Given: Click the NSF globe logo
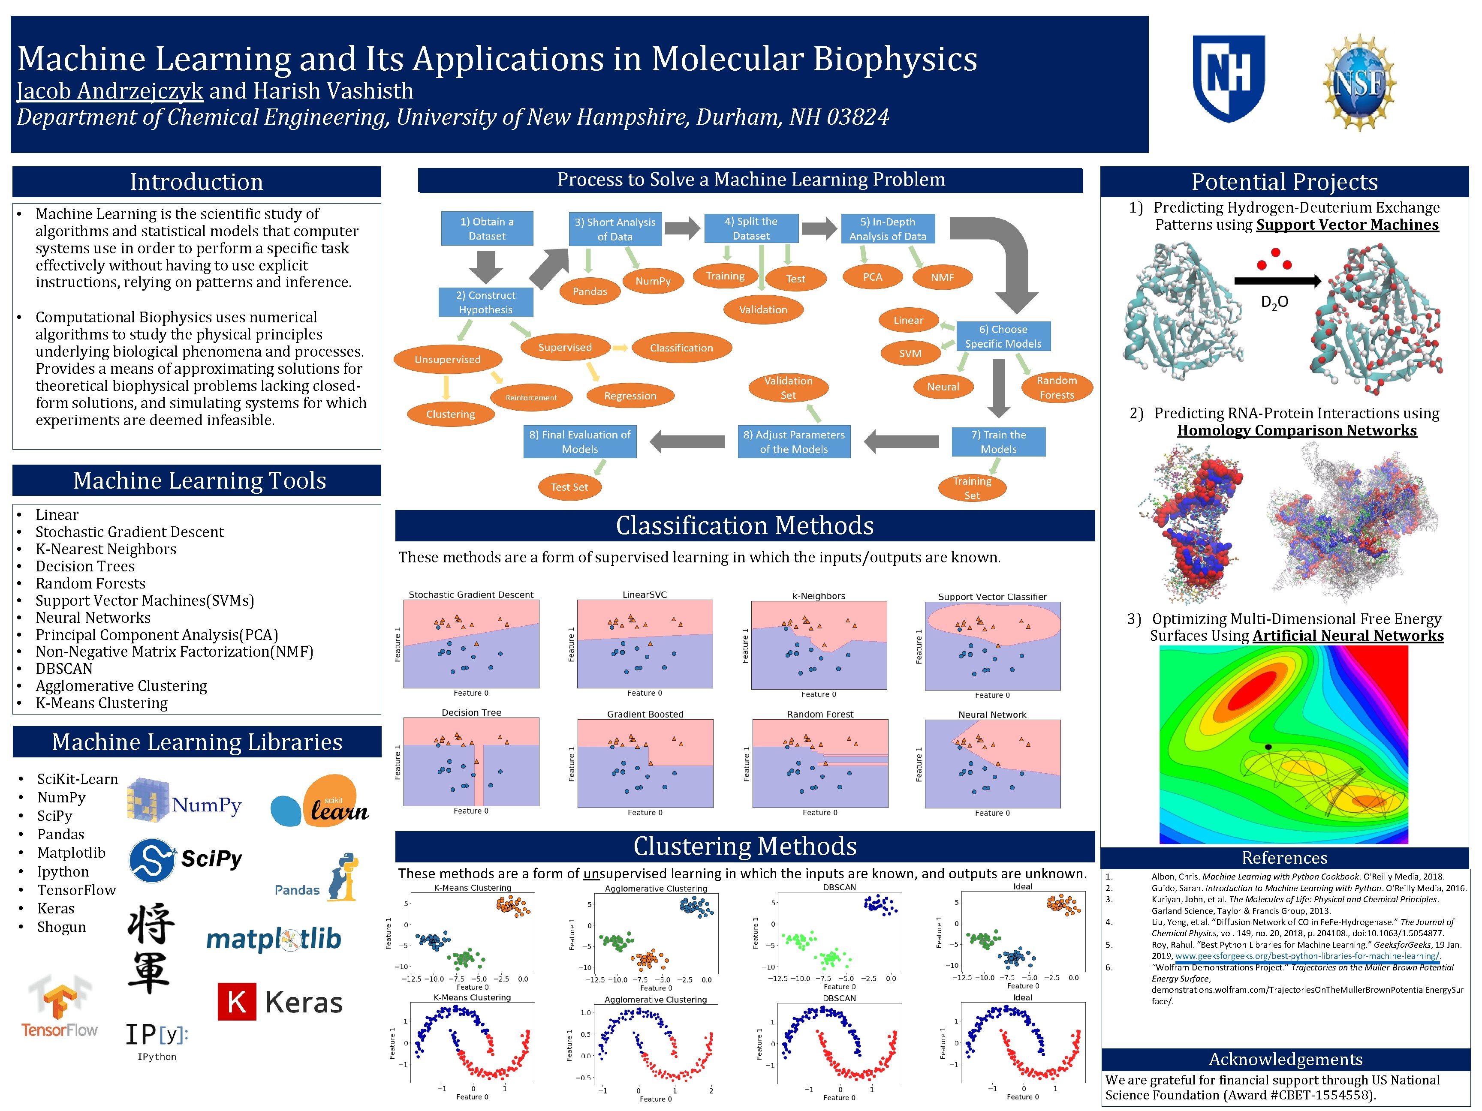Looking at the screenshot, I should coord(1359,82).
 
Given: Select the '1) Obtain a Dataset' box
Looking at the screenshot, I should coord(487,229).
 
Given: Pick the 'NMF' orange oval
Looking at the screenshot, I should coord(942,277).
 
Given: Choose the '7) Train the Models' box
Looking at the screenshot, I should coord(998,442).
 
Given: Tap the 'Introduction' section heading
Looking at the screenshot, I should coord(196,181).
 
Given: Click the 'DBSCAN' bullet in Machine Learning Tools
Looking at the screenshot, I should coord(64,668).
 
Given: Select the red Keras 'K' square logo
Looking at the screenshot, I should coord(237,1002).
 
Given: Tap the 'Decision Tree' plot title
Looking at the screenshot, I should coord(471,712).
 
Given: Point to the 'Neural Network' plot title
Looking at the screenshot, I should coord(992,715).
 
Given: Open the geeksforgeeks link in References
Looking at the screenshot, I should coord(1307,956).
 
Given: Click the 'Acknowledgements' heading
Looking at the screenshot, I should coord(1285,1059).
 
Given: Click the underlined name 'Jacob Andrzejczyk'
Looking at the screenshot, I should coord(110,91).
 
